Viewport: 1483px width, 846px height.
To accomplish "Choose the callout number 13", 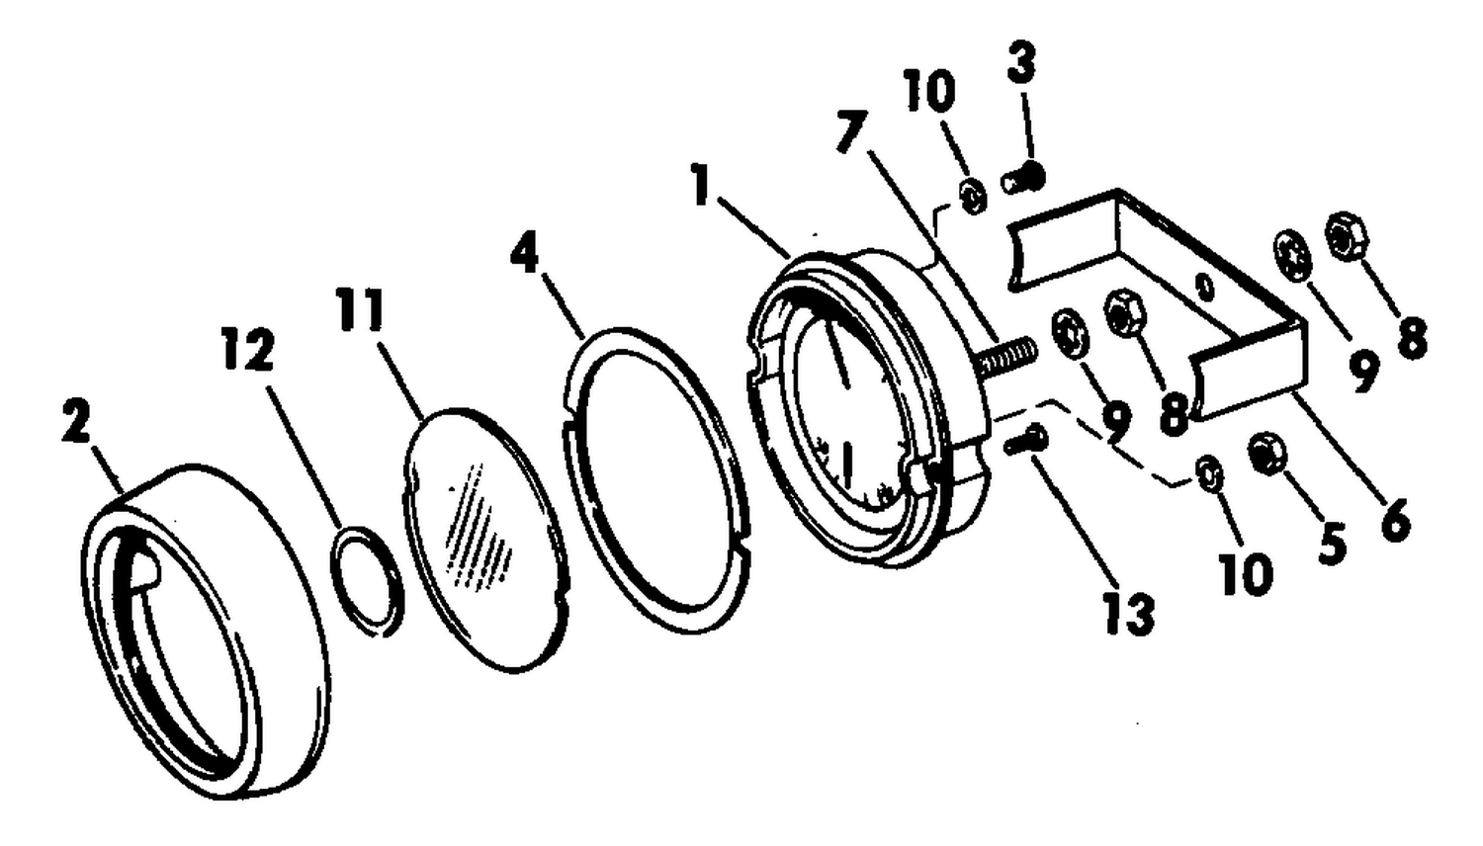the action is point(1128,613).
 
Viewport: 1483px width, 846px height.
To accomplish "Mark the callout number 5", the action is point(1332,544).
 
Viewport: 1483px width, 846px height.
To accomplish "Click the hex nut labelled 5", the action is point(1266,454).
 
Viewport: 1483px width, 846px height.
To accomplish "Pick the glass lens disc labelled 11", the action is point(486,540).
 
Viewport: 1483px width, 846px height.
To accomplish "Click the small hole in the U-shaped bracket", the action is point(1206,287).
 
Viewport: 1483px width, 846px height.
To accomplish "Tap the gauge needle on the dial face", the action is point(838,355).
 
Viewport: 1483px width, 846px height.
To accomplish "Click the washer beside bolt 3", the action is point(973,197).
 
